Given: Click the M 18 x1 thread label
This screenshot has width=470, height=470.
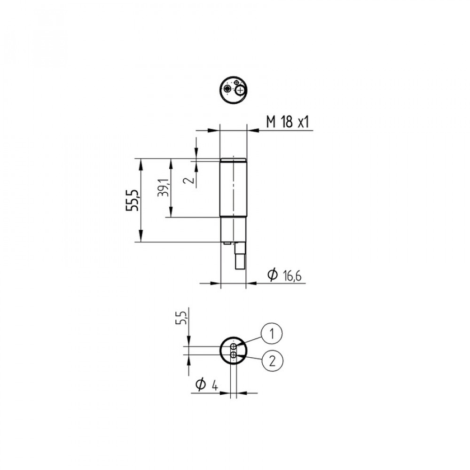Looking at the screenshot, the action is point(288,122).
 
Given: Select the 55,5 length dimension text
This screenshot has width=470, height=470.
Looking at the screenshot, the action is point(133,200).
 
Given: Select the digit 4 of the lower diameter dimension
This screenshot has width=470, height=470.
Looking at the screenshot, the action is point(215,385).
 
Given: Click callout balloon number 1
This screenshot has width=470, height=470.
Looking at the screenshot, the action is point(272,333).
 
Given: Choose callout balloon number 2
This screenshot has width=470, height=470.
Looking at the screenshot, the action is point(272,361).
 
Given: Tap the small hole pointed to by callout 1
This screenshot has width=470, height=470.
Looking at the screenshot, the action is point(234,347).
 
